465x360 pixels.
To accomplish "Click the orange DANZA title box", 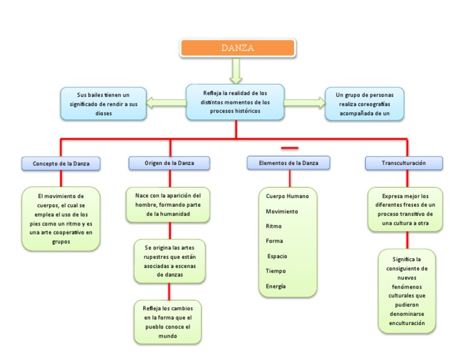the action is [237, 48].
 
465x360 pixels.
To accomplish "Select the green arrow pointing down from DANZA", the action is [236, 71].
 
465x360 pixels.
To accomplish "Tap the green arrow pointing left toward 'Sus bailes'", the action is [167, 102].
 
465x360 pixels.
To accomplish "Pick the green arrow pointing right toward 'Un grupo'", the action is [305, 102].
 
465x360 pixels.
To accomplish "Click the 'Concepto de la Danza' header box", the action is [61, 164].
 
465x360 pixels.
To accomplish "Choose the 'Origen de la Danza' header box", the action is [170, 163].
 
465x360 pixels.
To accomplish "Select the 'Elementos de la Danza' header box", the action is [289, 163].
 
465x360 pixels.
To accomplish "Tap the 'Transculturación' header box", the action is [404, 163].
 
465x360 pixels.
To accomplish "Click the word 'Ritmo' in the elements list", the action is [274, 226].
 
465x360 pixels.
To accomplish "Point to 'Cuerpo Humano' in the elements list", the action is [288, 196].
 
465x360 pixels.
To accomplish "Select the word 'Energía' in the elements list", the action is [276, 286].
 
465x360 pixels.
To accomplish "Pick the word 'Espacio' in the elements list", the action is [277, 256].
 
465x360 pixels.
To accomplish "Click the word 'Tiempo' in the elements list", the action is [276, 271].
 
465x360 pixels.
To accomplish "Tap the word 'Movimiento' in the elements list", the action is [282, 212].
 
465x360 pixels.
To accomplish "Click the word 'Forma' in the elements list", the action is [274, 241].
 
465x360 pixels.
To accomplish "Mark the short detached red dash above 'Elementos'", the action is [290, 148].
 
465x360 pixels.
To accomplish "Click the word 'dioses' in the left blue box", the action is [104, 113].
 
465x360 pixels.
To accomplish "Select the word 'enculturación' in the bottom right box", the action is [407, 323].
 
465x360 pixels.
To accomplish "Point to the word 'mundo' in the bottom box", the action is [168, 336].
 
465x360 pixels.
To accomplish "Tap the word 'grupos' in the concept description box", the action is [61, 242].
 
